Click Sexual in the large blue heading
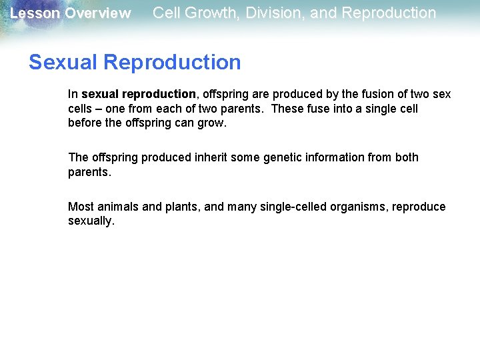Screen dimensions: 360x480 click(64, 62)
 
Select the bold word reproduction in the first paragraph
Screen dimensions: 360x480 click(159, 94)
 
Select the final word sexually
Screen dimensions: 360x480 click(91, 221)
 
